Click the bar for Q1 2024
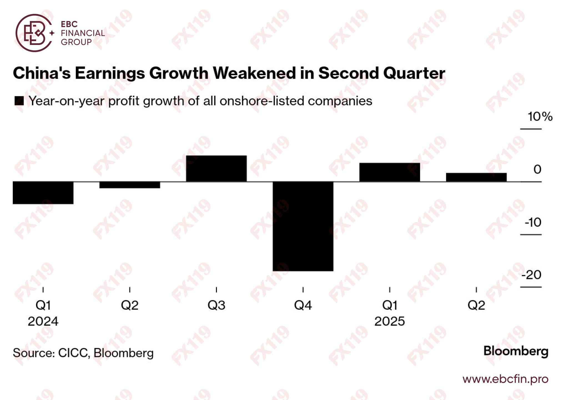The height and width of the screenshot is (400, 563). pos(43,193)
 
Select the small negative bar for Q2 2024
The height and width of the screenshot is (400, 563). pos(130,185)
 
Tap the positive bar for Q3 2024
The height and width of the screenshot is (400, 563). pos(216,169)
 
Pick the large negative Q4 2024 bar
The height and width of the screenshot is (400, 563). pos(303,226)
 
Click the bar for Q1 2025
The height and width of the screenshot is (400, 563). pos(389,172)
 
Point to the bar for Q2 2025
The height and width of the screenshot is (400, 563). pos(476,177)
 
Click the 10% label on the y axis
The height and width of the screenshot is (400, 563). pos(540,117)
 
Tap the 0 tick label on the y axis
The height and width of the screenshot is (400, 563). pos(537,169)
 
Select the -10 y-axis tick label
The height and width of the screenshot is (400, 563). pos(533,222)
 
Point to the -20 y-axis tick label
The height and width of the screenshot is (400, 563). pos(531,275)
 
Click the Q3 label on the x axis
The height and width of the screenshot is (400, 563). pos(216,305)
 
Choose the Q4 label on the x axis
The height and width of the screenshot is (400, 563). pos(303,305)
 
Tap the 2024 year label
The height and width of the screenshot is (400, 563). pos(43,321)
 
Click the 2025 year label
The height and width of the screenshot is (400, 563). pos(389,321)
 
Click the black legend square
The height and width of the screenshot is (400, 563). pos(19,101)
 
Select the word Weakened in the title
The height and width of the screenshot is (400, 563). pos(254,73)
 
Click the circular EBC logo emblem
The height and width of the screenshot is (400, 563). pos(34,33)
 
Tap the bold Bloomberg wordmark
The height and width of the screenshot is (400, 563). pos(516,351)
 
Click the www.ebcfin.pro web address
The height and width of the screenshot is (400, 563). pos(505,379)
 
